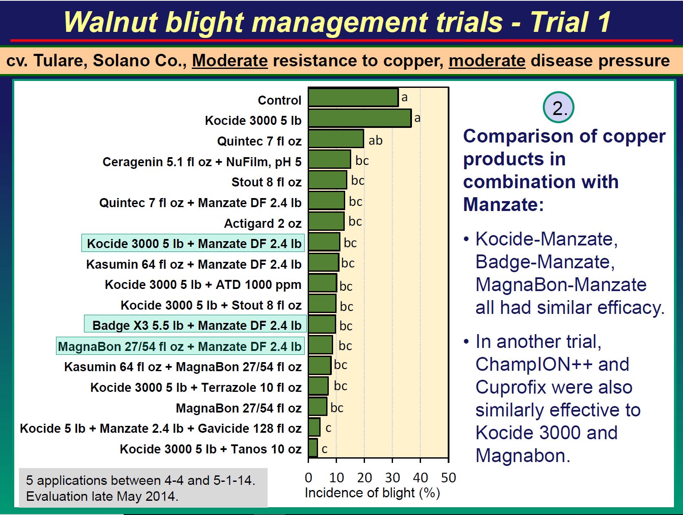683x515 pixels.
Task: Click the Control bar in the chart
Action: tap(353, 98)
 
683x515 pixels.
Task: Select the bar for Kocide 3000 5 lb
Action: tap(360, 118)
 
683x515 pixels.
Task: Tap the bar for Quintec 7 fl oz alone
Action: tap(336, 139)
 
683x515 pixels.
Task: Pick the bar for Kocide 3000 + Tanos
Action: tap(313, 448)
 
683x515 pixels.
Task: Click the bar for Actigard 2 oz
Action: tap(326, 221)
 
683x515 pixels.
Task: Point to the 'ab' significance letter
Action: tap(376, 140)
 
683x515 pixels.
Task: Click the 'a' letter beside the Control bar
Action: tap(405, 98)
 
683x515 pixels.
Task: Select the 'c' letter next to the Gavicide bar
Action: tap(328, 428)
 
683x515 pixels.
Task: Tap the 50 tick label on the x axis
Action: tap(449, 478)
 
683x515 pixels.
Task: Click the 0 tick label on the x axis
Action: tap(309, 478)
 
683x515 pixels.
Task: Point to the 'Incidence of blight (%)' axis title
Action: tap(372, 493)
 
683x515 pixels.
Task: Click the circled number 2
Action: tap(558, 107)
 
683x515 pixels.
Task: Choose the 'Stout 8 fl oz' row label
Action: tap(266, 182)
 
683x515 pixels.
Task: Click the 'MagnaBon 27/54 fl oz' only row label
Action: tap(239, 408)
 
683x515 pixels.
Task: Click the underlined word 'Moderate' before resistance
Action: tap(230, 61)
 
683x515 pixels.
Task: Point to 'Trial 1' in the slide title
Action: tap(571, 22)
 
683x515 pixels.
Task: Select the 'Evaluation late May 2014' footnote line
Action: tap(102, 496)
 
